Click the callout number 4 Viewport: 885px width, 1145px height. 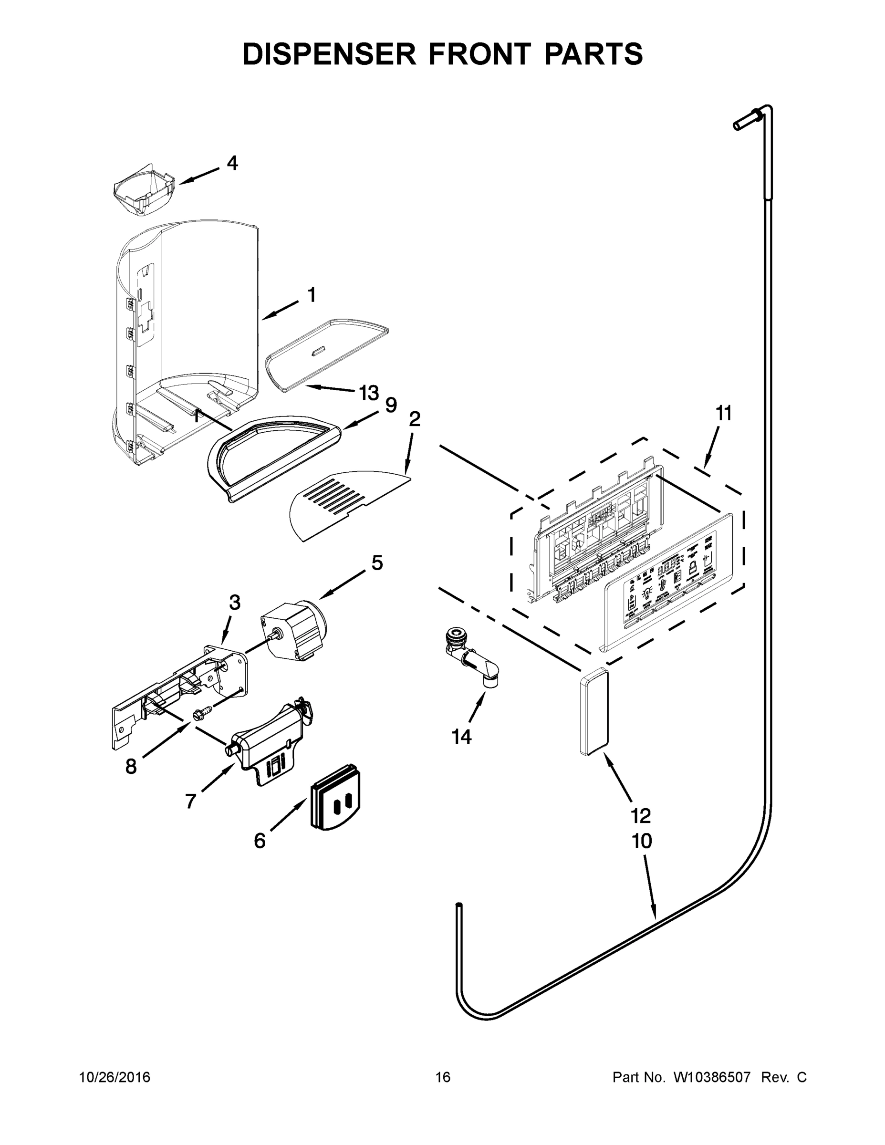pos(232,163)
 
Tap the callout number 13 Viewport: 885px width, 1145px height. pos(369,392)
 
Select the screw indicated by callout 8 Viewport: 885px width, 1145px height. pos(200,714)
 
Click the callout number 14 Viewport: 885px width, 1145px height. pos(461,737)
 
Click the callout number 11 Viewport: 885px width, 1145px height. pos(724,414)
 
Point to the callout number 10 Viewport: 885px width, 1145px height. pos(642,842)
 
